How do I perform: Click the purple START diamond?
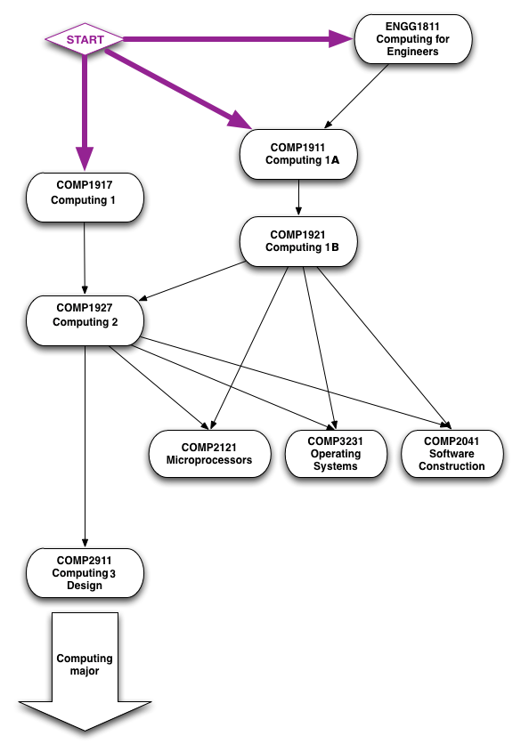(x=85, y=39)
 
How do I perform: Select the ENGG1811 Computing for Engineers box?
(x=412, y=39)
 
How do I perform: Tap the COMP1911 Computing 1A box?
(x=298, y=154)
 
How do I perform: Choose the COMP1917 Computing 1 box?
(x=85, y=197)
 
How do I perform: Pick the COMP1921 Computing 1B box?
(x=298, y=241)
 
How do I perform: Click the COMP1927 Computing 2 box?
(x=85, y=320)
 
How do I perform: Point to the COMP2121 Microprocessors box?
(x=209, y=454)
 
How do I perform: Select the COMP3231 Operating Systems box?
(x=335, y=454)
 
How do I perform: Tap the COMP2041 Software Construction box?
(x=452, y=454)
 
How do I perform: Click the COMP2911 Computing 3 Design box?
(x=85, y=573)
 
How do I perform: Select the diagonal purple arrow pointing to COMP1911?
(x=178, y=89)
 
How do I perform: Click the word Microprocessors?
(x=209, y=460)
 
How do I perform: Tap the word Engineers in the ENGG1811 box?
(x=412, y=52)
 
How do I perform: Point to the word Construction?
(x=452, y=466)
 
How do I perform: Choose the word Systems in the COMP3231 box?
(x=335, y=466)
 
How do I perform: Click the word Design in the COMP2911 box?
(x=85, y=586)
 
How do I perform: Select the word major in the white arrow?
(x=85, y=671)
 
